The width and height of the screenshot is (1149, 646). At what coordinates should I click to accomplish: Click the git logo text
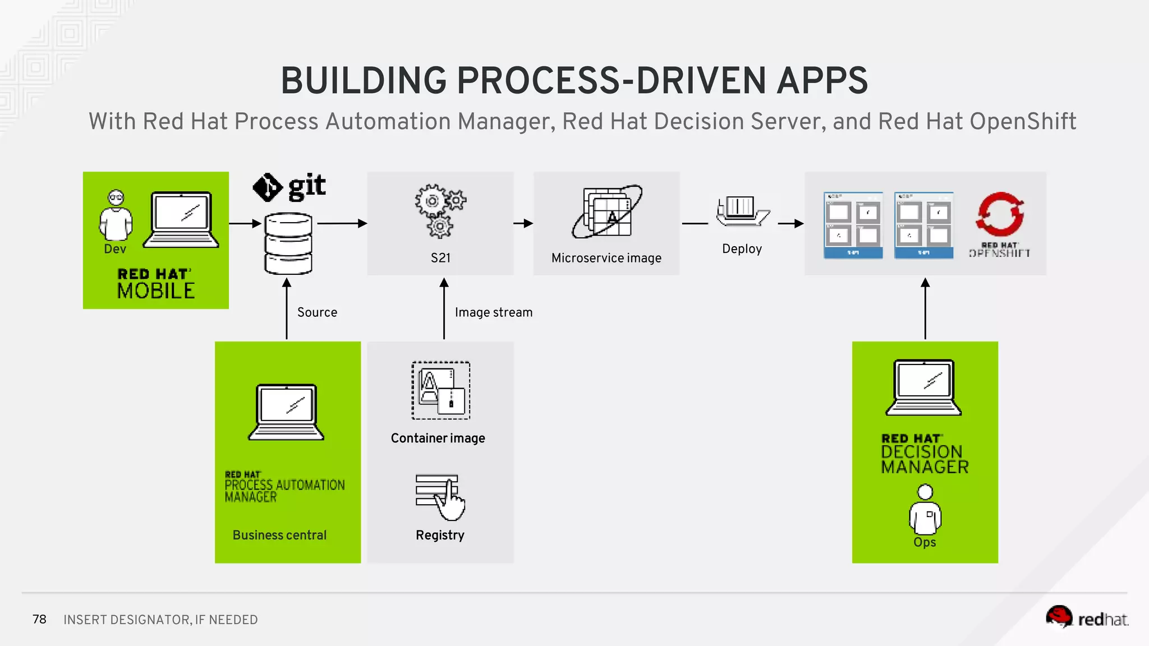point(306,187)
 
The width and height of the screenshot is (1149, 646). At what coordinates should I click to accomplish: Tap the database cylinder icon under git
point(288,244)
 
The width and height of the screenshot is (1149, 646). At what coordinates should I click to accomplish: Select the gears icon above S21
point(440,211)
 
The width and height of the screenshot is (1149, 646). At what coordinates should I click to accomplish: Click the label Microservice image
point(606,258)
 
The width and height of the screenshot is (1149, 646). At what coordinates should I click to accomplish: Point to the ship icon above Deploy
point(742,211)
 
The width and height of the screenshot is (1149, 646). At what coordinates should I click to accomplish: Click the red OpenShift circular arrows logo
point(1000,214)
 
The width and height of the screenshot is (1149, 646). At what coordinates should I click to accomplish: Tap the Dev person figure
point(116,216)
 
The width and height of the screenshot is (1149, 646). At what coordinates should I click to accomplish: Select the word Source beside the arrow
point(317,312)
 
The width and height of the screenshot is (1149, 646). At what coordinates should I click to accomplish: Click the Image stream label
point(493,312)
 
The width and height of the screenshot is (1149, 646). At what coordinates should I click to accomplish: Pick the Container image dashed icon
point(441,390)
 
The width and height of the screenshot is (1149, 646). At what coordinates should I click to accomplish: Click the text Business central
point(279,535)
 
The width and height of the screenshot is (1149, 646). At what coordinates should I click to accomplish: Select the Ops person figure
point(925,510)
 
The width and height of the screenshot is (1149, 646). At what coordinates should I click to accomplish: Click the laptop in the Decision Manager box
point(924,387)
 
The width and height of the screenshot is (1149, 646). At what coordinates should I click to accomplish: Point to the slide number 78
point(39,619)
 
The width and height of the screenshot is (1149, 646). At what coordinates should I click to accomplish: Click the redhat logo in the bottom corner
point(1087,618)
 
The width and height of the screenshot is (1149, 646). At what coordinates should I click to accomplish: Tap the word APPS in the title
point(822,81)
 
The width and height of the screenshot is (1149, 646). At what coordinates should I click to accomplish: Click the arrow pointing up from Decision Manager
point(925,308)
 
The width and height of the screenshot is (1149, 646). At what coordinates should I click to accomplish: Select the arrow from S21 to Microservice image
point(523,223)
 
